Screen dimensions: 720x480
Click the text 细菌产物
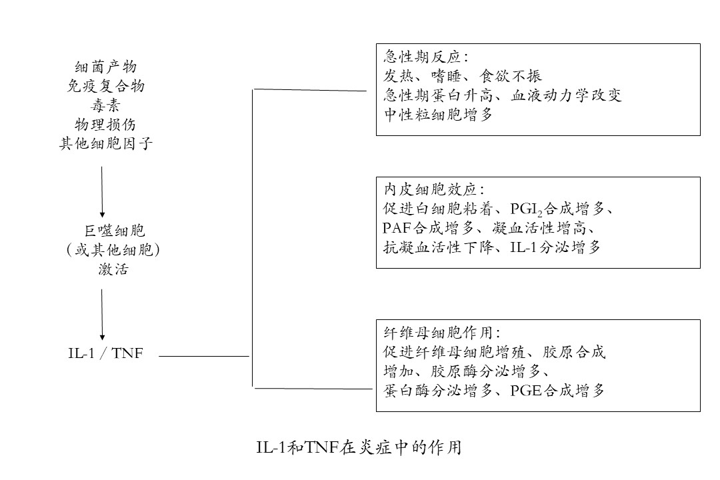click(105, 67)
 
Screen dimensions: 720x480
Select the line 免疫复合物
click(105, 86)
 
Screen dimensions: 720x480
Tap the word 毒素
click(105, 105)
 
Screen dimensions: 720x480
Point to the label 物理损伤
click(105, 125)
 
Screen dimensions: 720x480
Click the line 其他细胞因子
click(105, 144)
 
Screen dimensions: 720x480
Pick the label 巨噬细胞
click(115, 230)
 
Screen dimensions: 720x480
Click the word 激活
click(113, 269)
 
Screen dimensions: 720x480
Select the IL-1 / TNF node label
click(105, 353)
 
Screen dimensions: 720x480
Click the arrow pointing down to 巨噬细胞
click(102, 192)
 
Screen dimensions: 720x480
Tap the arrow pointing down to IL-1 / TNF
click(102, 315)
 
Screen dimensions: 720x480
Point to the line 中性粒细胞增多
click(438, 115)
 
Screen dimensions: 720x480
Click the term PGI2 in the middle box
click(527, 210)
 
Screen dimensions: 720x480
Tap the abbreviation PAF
click(397, 228)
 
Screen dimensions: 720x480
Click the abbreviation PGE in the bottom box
click(526, 391)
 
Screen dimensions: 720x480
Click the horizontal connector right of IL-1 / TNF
click(204, 356)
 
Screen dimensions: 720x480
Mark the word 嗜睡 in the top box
click(446, 76)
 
